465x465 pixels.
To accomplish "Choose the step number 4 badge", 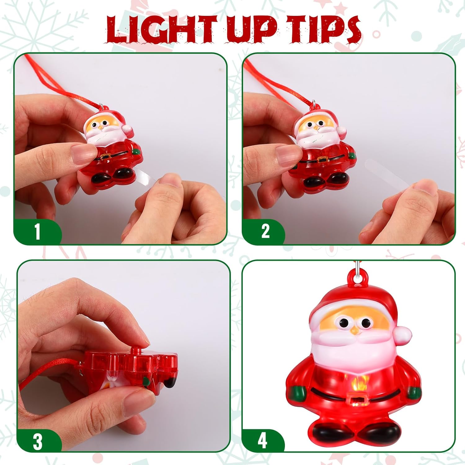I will (262, 440).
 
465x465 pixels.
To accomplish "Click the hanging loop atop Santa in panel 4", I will (357, 275).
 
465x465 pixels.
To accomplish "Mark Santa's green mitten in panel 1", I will (135, 152).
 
